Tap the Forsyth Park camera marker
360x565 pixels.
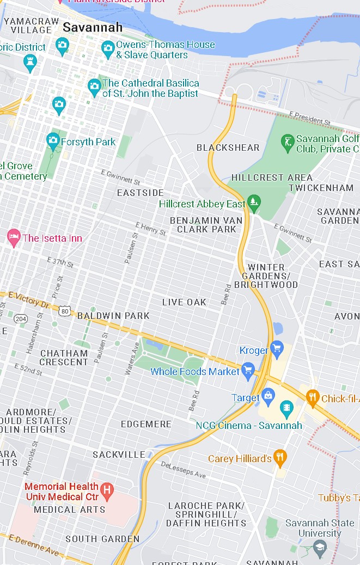pyautogui.click(x=53, y=141)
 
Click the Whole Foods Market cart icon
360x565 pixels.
pyautogui.click(x=248, y=370)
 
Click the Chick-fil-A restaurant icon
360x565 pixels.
pyautogui.click(x=312, y=397)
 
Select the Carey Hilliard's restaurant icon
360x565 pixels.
pyautogui.click(x=280, y=458)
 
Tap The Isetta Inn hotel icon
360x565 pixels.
pyautogui.click(x=13, y=237)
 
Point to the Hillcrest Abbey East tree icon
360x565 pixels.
pyautogui.click(x=253, y=203)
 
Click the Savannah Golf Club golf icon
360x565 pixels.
pyautogui.click(x=287, y=143)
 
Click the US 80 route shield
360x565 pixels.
pyautogui.click(x=65, y=311)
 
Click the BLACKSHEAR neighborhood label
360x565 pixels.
pyautogui.click(x=228, y=148)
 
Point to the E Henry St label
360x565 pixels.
pyautogui.click(x=151, y=229)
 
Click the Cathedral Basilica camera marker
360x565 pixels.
pyautogui.click(x=94, y=86)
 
